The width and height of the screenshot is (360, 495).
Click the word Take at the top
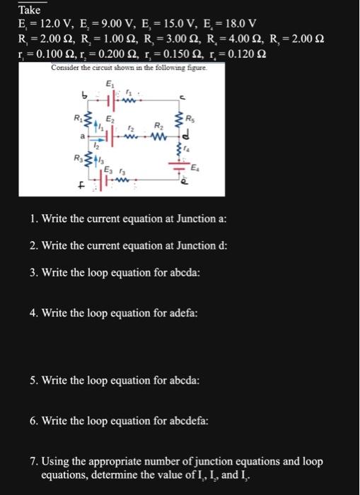[30, 11]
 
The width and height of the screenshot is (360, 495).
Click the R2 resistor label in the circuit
[158, 123]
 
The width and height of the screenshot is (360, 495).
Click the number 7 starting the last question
[34, 462]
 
